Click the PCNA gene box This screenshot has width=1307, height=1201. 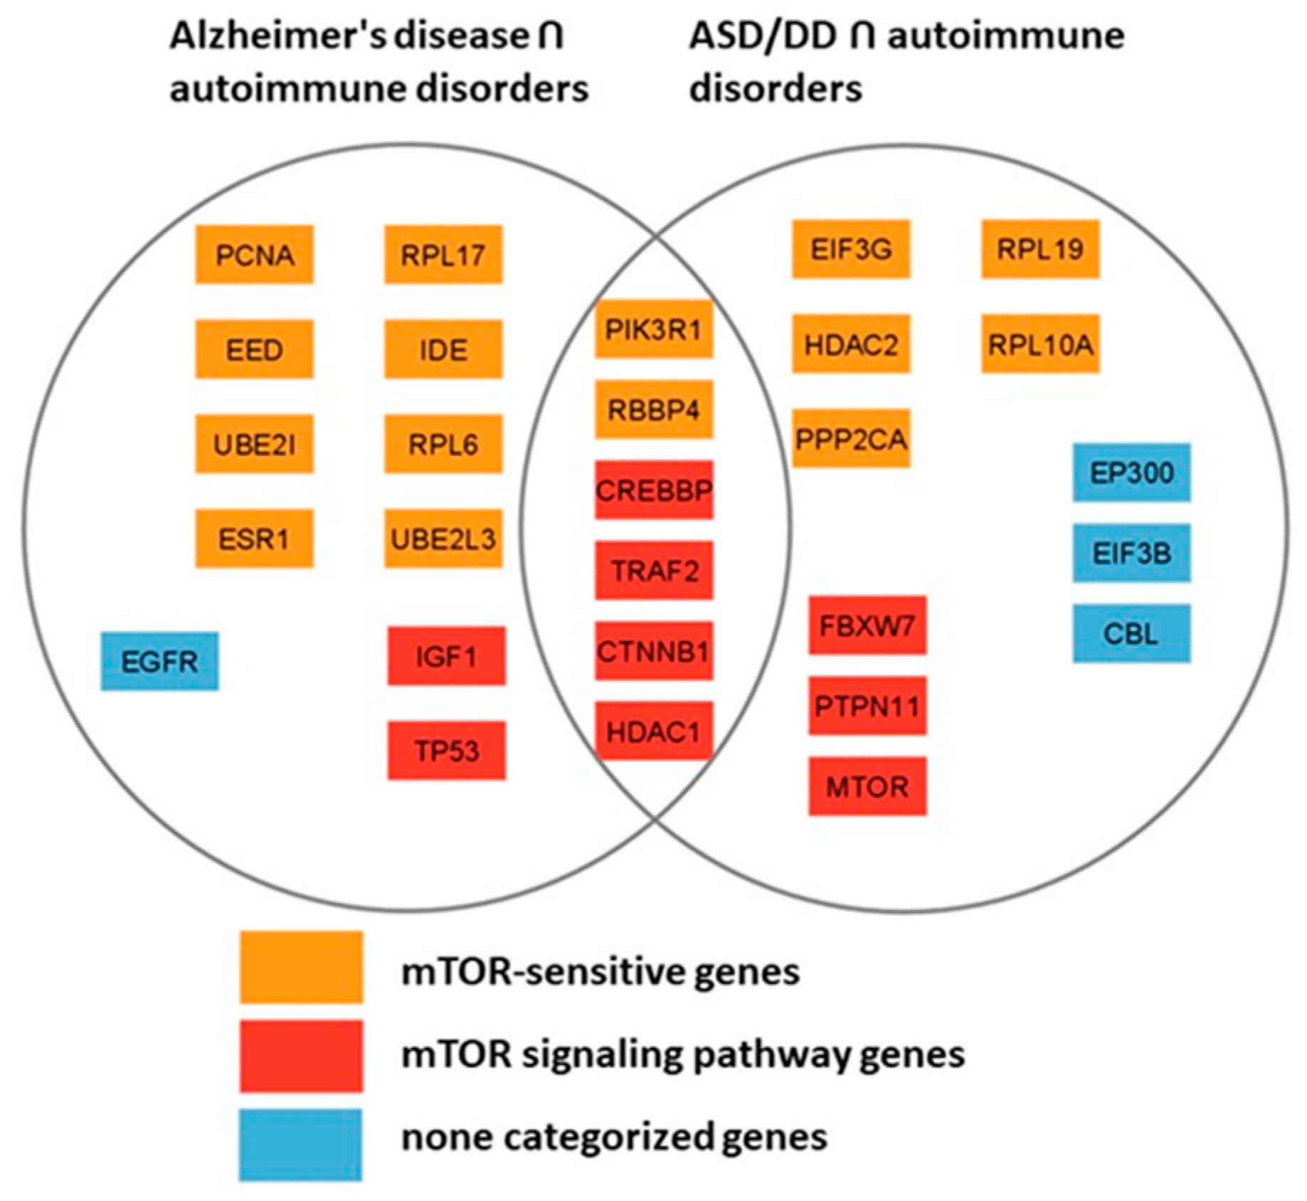[254, 255]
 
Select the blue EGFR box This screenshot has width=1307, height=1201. [159, 661]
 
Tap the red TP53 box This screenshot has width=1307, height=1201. [446, 751]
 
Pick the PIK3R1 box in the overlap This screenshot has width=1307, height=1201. [653, 329]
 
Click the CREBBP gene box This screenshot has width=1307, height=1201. [653, 490]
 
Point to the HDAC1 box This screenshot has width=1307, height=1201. [653, 731]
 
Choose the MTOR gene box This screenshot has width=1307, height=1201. [867, 786]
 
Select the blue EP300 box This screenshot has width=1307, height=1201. [1131, 472]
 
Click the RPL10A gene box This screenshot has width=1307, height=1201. [1040, 344]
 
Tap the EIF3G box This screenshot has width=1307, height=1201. [851, 249]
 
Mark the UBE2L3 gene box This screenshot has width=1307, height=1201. [443, 539]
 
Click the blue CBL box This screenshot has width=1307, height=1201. [1131, 633]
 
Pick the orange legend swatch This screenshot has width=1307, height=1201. [301, 968]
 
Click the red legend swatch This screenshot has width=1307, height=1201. [301, 1056]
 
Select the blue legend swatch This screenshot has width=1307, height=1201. [301, 1145]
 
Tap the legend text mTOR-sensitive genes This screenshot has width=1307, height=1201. [600, 971]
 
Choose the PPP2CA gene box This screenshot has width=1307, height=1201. [851, 438]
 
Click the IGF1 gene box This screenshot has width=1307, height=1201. [446, 656]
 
